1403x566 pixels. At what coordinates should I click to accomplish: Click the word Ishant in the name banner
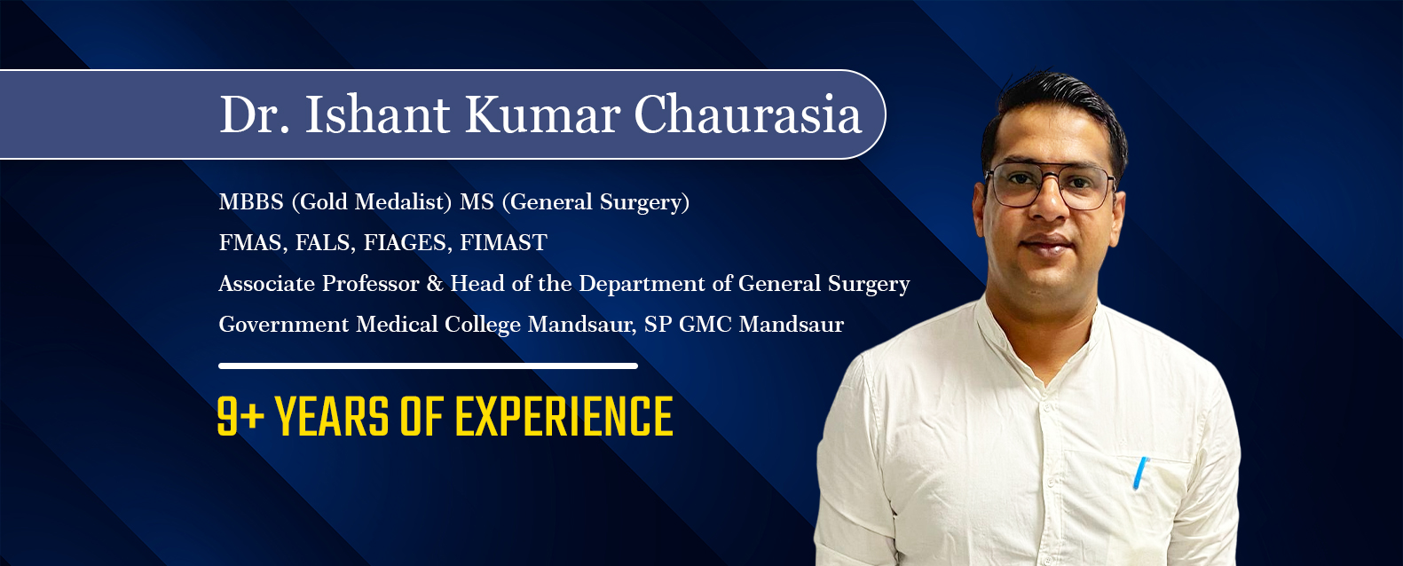coord(377,114)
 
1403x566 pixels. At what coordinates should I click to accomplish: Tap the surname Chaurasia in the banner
coord(748,114)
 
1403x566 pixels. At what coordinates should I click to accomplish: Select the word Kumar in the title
coord(542,114)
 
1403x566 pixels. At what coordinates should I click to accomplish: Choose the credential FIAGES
coord(407,243)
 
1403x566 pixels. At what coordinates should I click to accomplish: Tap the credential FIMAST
coord(503,242)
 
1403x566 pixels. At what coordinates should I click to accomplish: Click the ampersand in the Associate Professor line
coord(435,284)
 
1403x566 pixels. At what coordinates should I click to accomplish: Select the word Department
coord(642,284)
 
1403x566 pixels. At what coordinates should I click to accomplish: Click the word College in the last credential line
coord(482,325)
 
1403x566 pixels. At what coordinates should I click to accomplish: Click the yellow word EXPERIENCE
coord(564,416)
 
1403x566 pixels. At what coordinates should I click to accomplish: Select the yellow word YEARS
coord(332,416)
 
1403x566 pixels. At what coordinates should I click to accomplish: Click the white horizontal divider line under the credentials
coord(428,366)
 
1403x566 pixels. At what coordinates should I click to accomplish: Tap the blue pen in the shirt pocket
coord(1140,473)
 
